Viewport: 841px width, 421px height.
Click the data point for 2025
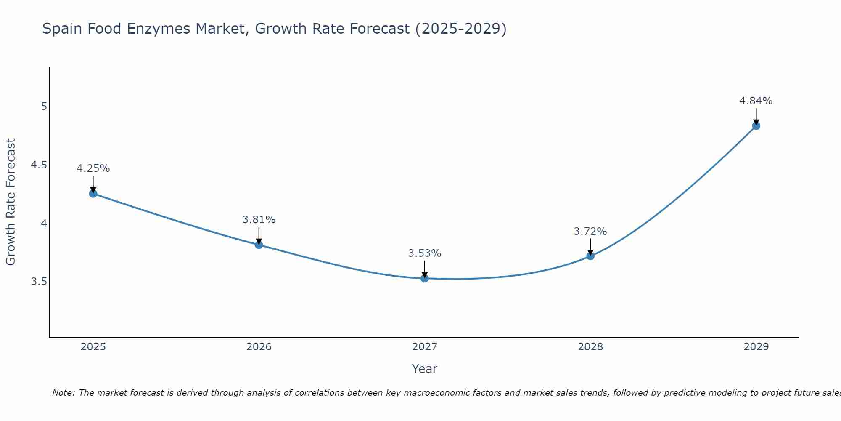point(93,194)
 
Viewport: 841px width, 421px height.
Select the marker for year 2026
point(259,245)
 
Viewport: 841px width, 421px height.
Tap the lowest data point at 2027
point(425,278)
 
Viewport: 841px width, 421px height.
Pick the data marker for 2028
point(590,256)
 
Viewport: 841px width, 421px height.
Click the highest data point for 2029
point(756,125)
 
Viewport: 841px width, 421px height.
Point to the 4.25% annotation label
point(93,168)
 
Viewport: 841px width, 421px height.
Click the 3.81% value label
point(259,220)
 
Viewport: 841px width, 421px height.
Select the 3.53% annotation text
point(425,253)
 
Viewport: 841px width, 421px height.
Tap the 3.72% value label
point(590,232)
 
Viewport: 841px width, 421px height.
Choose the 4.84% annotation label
point(756,101)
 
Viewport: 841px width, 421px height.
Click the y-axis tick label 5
point(44,107)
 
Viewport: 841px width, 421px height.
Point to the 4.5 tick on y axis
point(39,165)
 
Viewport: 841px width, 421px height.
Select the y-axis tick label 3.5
point(39,282)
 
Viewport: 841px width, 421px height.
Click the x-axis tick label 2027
point(425,347)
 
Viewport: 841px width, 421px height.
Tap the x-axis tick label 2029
point(756,347)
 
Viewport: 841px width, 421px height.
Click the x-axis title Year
point(425,369)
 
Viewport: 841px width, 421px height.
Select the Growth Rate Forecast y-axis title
point(11,202)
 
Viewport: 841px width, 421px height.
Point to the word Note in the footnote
point(63,393)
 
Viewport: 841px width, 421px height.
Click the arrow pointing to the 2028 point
point(590,247)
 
